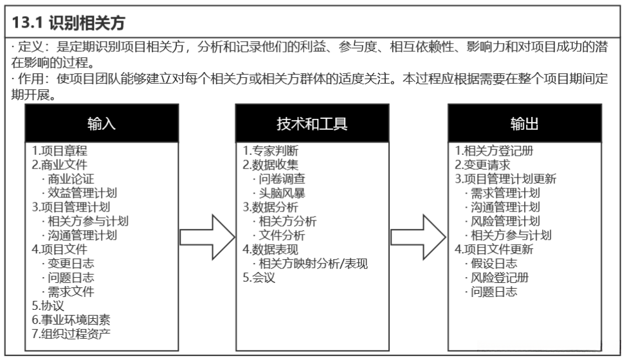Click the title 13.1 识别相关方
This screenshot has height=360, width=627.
coord(68,23)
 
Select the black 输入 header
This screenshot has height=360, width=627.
coord(102,123)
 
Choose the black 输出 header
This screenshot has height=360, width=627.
coord(525,123)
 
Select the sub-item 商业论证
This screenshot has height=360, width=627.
coord(71,179)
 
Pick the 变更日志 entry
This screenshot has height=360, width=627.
coord(71,264)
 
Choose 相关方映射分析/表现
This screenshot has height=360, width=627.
coord(313,264)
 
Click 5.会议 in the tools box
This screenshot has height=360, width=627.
coord(259,278)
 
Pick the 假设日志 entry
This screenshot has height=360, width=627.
coord(493,264)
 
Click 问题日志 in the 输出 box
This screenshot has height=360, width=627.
coord(493,292)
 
